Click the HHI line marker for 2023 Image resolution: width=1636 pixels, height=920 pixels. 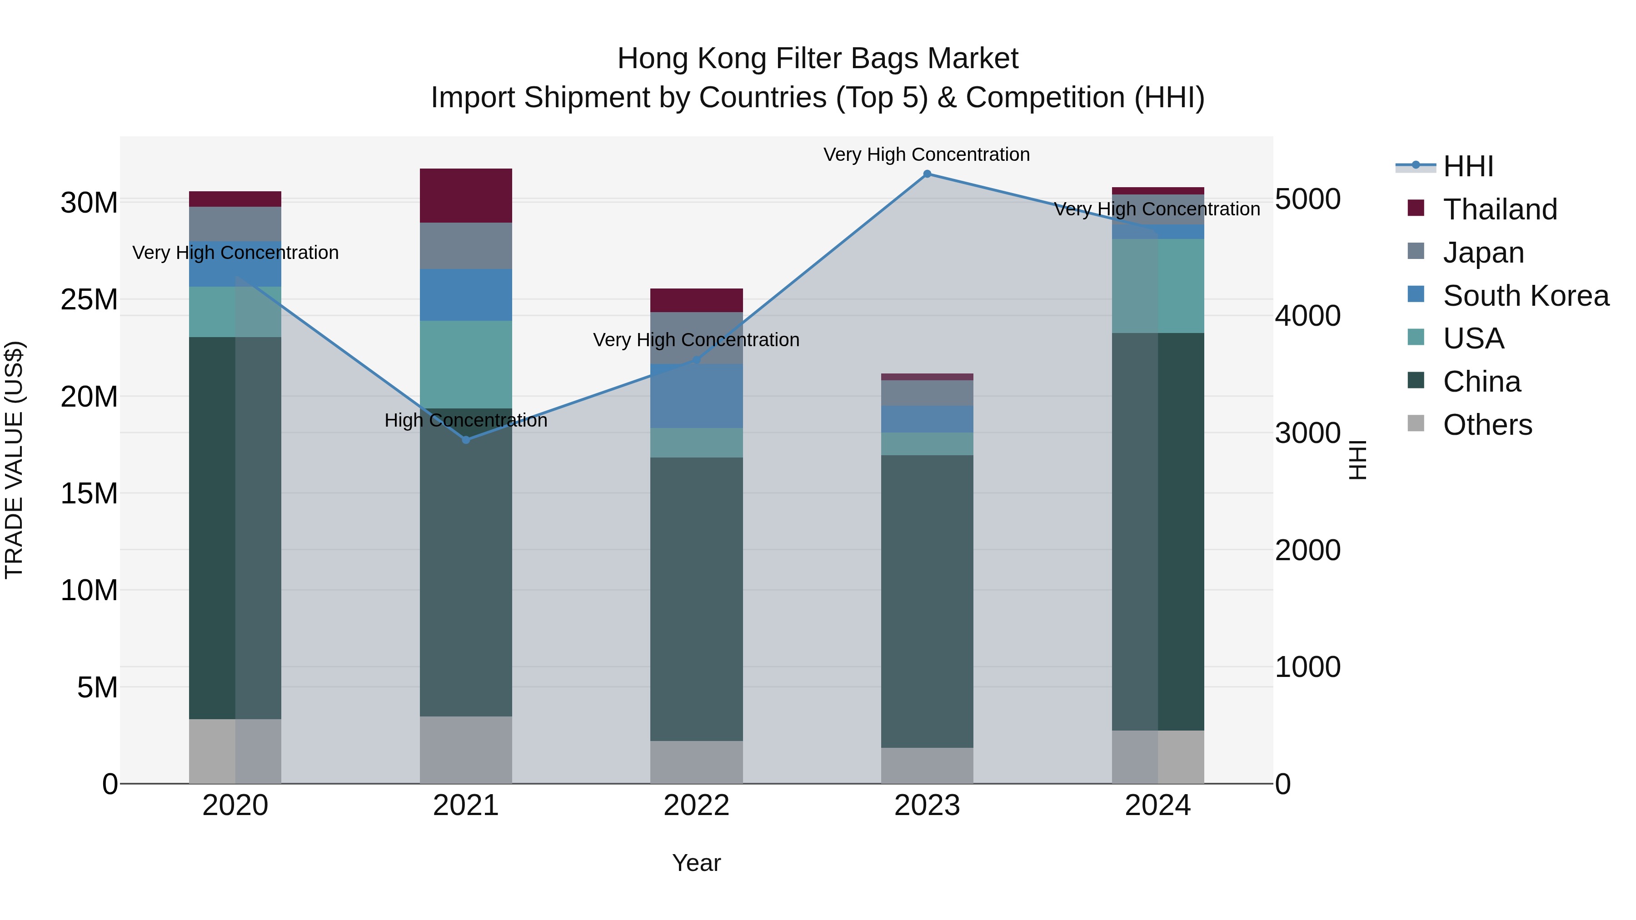tap(927, 174)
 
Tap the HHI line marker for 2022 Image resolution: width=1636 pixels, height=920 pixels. tap(696, 360)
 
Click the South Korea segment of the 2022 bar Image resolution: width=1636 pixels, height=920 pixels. tap(696, 396)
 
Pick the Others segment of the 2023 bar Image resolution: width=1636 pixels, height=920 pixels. tap(927, 765)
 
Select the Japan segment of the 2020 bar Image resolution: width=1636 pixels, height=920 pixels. tap(235, 224)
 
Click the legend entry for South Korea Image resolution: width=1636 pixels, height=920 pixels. tap(1526, 296)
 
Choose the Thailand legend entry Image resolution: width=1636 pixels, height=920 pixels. tap(1500, 209)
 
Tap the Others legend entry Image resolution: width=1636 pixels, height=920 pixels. tap(1487, 425)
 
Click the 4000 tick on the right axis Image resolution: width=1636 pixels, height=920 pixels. tap(1307, 316)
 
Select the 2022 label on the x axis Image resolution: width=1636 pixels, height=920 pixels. tap(696, 806)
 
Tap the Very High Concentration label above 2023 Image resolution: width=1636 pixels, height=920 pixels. tap(927, 154)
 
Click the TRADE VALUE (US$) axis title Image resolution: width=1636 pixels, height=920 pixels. tap(14, 460)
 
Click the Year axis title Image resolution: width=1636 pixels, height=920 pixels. tap(696, 863)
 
